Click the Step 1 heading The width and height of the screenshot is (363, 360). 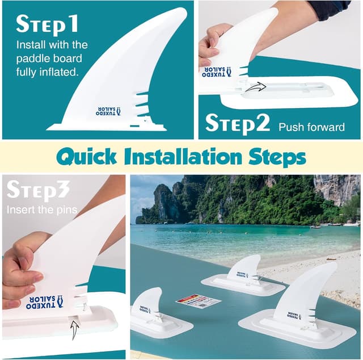47,24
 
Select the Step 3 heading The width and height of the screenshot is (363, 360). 39,191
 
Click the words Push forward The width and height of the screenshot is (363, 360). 311,127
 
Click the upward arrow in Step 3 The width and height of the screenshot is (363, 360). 74,329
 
